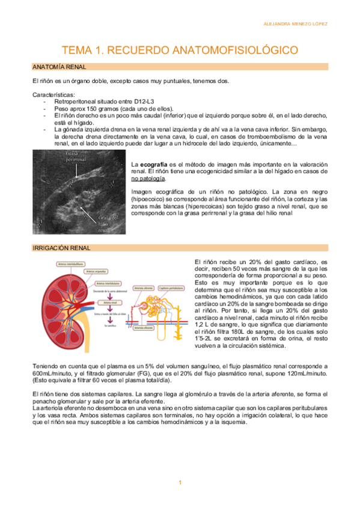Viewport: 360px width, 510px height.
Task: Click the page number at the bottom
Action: [180, 483]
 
